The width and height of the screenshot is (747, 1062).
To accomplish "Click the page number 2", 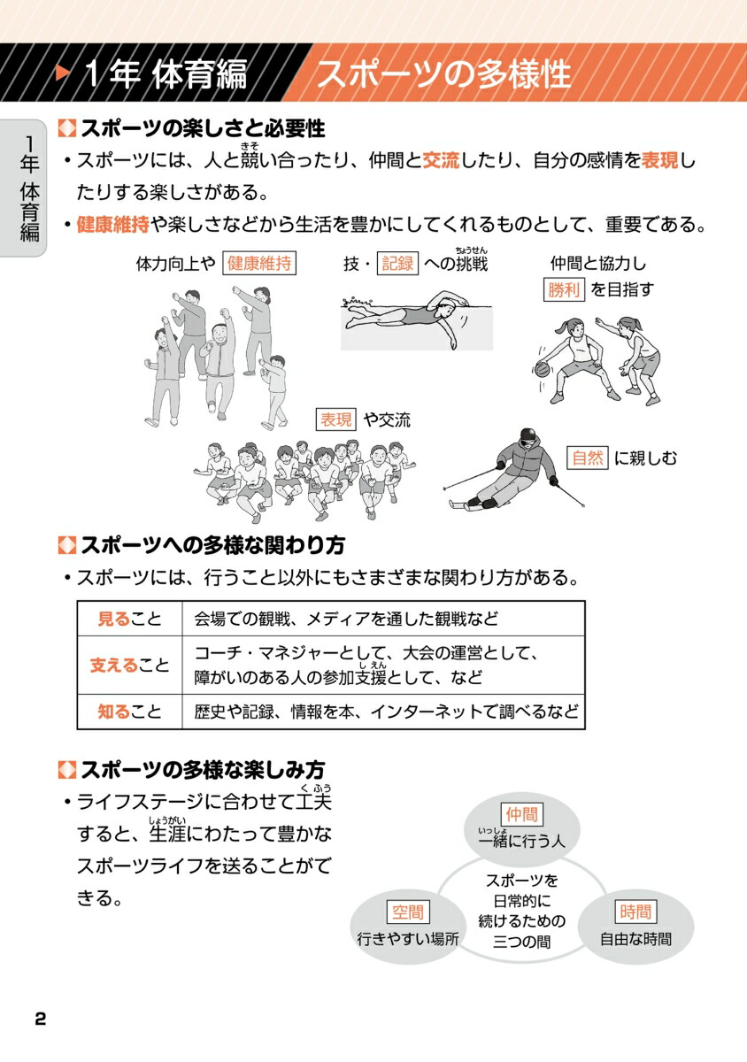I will [x=40, y=1018].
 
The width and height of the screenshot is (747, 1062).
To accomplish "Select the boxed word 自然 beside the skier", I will [x=588, y=458].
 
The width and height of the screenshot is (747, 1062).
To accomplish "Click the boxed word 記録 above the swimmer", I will [x=397, y=264].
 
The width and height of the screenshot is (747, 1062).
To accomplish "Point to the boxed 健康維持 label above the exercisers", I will [x=259, y=264].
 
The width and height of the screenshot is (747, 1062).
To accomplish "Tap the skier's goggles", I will [x=527, y=436].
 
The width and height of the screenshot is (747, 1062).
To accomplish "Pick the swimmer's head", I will [x=444, y=309].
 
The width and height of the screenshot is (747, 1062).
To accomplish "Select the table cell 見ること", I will [x=129, y=619].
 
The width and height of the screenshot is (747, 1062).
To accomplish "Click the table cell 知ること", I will [x=129, y=711].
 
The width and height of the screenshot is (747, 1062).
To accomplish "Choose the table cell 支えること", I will [x=129, y=665].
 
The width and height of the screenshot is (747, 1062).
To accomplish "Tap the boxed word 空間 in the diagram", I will [x=407, y=912].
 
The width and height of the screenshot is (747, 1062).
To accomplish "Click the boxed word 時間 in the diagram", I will [x=635, y=912].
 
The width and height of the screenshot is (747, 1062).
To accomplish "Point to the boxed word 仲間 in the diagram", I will [x=521, y=814].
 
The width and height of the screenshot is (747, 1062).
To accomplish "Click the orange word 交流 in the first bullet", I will [x=440, y=161].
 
